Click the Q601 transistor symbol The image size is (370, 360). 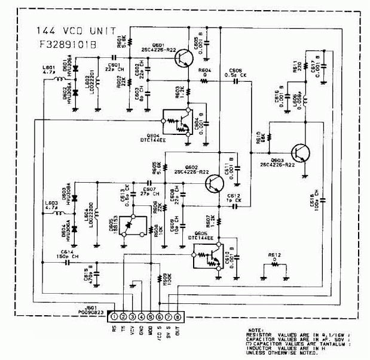(x=184, y=57)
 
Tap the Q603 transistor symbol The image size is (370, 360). (x=302, y=154)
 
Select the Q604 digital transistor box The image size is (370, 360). (x=177, y=123)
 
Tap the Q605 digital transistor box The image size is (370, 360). (x=206, y=256)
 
